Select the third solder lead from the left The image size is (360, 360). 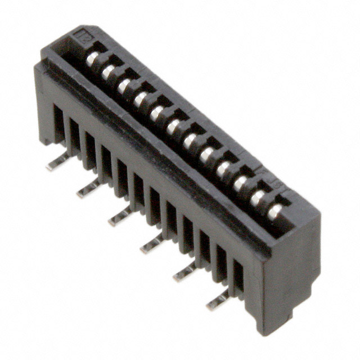pos(120,217)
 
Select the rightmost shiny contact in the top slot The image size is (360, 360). pos(274,211)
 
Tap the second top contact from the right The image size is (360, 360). pos(258,197)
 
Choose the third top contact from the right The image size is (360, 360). pos(241,183)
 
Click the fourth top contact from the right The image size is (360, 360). pos(224,168)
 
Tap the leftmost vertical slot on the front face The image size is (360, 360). pos(58,124)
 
